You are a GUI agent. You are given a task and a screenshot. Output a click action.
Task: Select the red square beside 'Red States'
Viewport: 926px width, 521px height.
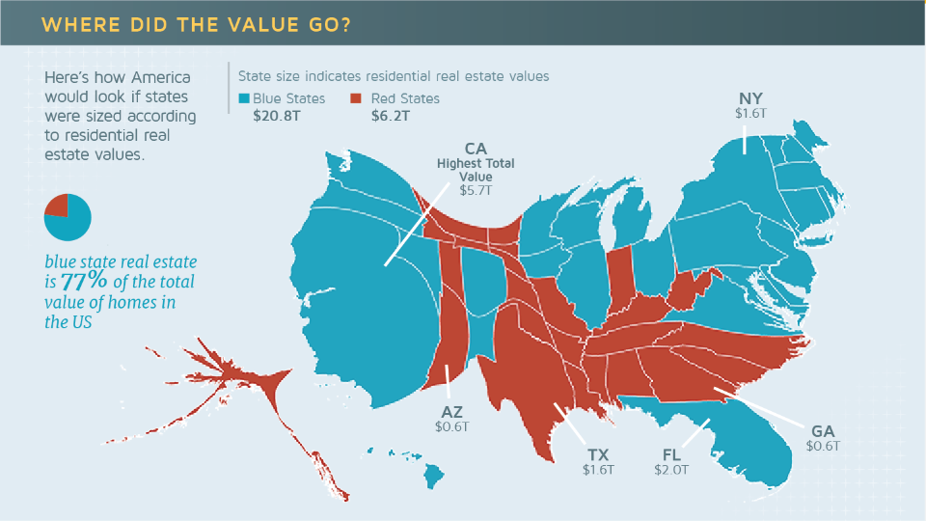pyautogui.click(x=355, y=98)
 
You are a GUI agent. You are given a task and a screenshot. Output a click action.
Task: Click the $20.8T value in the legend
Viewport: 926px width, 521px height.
pyautogui.click(x=276, y=117)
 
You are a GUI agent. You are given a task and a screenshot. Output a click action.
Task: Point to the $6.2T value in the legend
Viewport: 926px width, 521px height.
pyautogui.click(x=391, y=117)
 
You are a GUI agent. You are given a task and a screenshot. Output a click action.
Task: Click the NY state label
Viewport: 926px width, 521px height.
pyautogui.click(x=749, y=98)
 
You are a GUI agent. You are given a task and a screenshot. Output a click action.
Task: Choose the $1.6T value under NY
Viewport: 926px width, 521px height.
pyautogui.click(x=749, y=114)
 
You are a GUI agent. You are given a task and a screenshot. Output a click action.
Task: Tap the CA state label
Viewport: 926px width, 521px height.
pyautogui.click(x=476, y=149)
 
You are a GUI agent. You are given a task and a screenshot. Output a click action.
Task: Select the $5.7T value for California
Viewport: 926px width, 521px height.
pyautogui.click(x=476, y=191)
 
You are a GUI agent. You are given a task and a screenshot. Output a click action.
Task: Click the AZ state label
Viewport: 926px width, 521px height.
pyautogui.click(x=451, y=411)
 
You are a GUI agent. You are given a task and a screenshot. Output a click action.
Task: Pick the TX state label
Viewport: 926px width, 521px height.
pyautogui.click(x=598, y=454)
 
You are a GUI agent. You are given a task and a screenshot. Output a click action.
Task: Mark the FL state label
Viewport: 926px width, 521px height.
pyautogui.click(x=671, y=454)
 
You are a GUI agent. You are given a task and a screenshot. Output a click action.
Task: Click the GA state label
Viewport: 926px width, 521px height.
pyautogui.click(x=824, y=431)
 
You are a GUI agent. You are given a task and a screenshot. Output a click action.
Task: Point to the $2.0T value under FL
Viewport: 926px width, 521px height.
pyautogui.click(x=671, y=470)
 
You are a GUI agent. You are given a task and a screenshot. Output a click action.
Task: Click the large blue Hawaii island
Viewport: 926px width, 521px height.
pyautogui.click(x=433, y=474)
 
